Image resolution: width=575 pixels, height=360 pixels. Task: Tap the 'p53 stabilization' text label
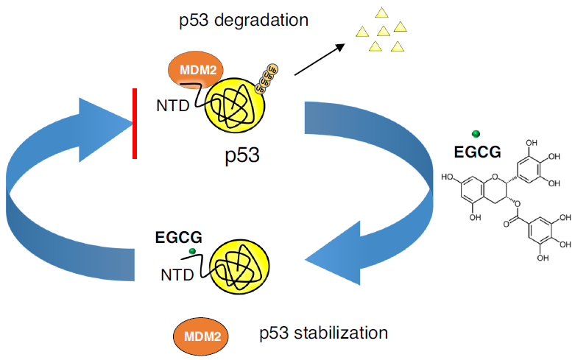(x=323, y=333)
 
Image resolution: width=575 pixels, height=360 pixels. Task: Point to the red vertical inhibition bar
(x=135, y=123)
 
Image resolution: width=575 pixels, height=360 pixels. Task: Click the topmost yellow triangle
(x=381, y=12)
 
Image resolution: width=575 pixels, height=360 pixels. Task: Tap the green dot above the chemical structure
(x=476, y=133)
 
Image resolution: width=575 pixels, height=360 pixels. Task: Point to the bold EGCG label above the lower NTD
(x=177, y=238)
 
